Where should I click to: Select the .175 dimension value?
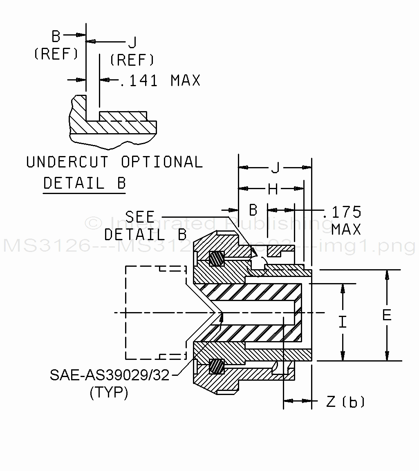[x=343, y=212]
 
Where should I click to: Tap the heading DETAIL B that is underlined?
[x=85, y=183]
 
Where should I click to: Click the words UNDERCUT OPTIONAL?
[x=114, y=162]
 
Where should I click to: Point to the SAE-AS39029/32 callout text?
[x=110, y=375]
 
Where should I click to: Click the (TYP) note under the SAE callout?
[x=108, y=393]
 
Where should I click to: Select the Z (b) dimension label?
[x=345, y=402]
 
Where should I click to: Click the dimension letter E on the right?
[x=386, y=315]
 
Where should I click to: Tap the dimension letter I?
[x=343, y=322]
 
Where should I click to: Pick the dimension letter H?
[x=273, y=189]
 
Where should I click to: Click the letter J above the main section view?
[x=276, y=167]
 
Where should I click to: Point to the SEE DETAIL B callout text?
[x=145, y=225]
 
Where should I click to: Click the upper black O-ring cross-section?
[x=217, y=259]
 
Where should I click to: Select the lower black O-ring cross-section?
[x=217, y=366]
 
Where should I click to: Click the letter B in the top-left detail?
[x=56, y=37]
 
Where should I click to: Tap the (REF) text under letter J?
[x=132, y=60]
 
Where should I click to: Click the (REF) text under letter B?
[x=56, y=54]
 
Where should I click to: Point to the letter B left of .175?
[x=253, y=210]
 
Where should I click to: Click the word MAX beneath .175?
[x=346, y=230]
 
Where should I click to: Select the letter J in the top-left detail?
[x=132, y=42]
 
